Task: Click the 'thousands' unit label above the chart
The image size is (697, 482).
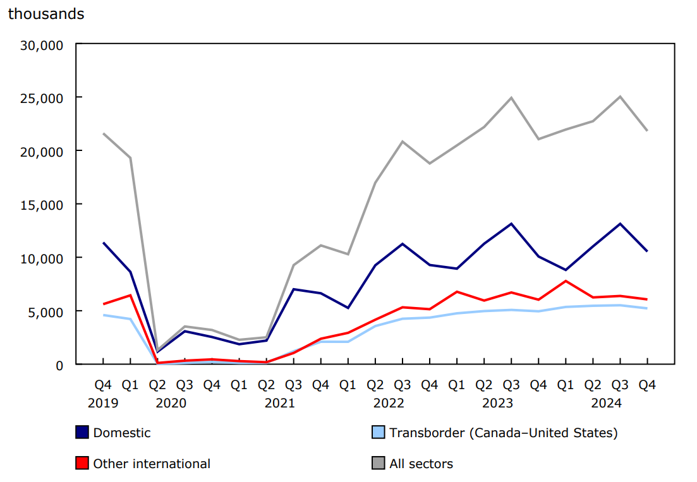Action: coord(45,14)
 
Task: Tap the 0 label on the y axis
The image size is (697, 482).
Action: coord(59,365)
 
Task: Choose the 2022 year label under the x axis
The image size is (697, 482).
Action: coord(389,403)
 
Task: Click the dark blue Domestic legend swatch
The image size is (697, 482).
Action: coord(82,433)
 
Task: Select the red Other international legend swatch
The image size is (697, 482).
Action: coord(82,464)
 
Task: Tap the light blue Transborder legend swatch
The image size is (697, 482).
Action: coord(378,433)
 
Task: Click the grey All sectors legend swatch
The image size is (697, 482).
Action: coord(378,464)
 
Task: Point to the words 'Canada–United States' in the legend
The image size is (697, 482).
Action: coord(540,433)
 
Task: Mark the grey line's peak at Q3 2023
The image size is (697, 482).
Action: coord(511,98)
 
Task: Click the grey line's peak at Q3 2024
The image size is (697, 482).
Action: coord(620,97)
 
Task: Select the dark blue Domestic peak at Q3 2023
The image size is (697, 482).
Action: coord(511,224)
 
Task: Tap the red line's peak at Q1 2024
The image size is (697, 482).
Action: coord(566,281)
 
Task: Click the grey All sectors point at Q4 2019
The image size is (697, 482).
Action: coord(103,133)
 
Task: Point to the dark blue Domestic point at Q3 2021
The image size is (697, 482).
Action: coord(293,289)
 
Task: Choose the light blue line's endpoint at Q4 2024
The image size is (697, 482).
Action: coord(647,308)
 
